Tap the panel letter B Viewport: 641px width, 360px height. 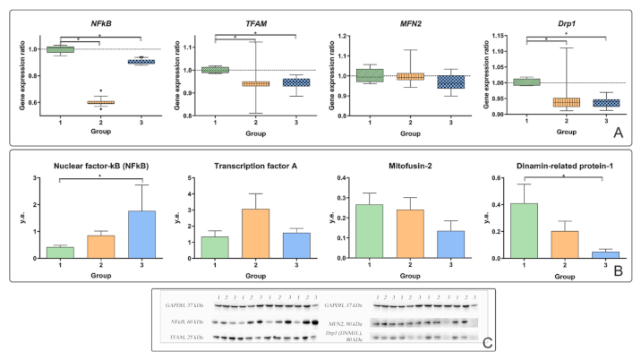[x=617, y=268]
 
